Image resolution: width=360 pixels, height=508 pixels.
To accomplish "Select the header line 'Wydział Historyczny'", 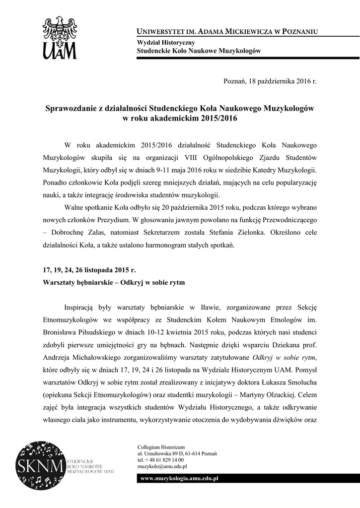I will (x=162, y=43).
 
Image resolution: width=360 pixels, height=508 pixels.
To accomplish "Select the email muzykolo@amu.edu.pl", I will (x=162, y=466).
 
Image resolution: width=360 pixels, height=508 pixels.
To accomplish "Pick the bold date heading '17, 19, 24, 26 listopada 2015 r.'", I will (x=88, y=270).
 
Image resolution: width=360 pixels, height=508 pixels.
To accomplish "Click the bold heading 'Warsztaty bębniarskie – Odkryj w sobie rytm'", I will (x=113, y=283).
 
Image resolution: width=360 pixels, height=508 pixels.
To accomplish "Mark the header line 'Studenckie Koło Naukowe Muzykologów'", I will (x=199, y=51).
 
